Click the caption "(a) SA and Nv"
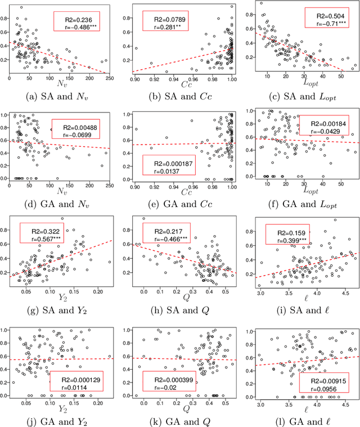click(x=61, y=96)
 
